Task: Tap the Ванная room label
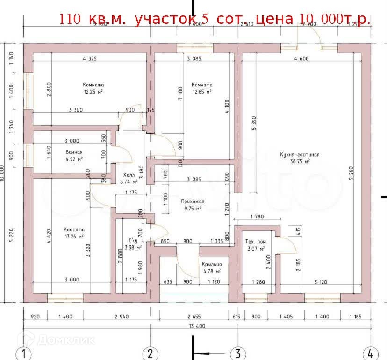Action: (74, 152)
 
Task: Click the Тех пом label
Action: (255, 241)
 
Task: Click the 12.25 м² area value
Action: (93, 92)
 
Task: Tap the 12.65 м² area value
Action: (201, 92)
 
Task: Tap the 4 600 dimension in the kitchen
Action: (301, 59)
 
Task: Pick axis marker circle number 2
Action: (150, 353)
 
